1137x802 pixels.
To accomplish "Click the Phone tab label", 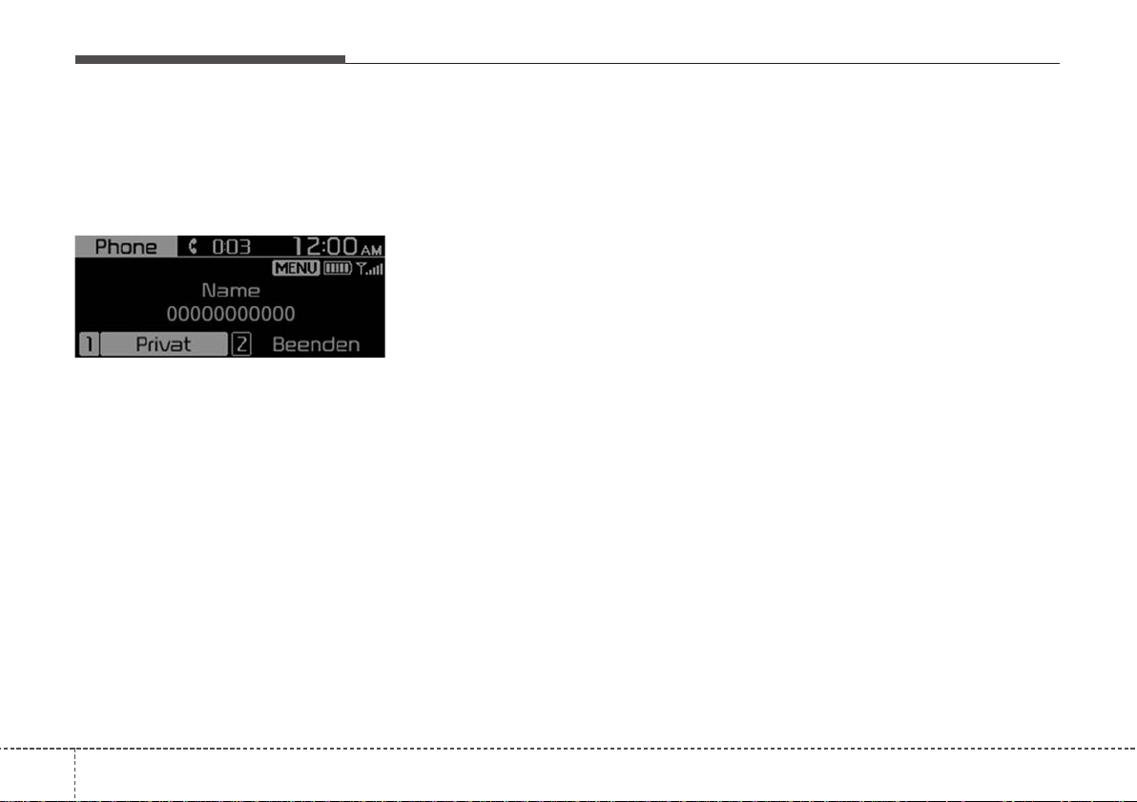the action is [x=126, y=247].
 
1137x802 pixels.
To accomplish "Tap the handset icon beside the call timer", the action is [x=192, y=247].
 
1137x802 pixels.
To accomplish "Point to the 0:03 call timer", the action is [x=232, y=247].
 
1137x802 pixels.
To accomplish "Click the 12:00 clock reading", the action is [x=325, y=246].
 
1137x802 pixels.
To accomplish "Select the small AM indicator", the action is [x=371, y=250].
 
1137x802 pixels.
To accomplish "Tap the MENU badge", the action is [x=296, y=268].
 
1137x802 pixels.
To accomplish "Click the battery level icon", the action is [x=337, y=268].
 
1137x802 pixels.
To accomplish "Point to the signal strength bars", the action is [x=370, y=268].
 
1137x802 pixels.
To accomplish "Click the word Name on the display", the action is [x=231, y=291].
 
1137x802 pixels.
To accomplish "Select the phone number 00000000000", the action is [x=231, y=314].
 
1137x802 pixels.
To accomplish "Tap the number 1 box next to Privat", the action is [x=89, y=343].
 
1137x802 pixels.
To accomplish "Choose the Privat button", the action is [x=163, y=343].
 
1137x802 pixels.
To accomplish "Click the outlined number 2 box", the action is [x=241, y=343].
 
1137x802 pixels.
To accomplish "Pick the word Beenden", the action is [x=316, y=344].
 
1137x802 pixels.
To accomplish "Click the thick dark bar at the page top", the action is [x=210, y=59].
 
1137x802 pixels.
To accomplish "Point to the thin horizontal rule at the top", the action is [x=702, y=63].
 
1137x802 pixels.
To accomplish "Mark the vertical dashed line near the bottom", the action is [x=74, y=774].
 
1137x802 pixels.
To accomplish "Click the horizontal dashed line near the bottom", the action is [x=568, y=748].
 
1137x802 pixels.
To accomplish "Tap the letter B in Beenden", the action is [x=279, y=344].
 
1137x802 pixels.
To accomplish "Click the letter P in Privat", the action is [x=142, y=344].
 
